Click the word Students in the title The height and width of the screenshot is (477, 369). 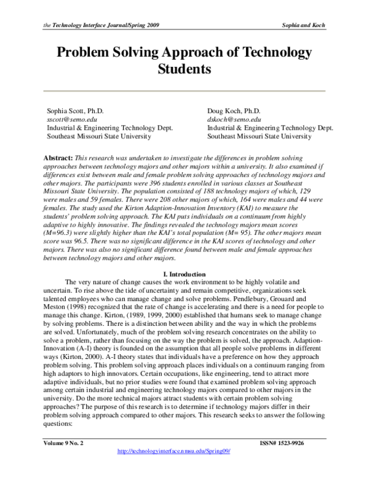pos(184,71)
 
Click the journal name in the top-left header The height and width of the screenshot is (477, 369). pos(101,25)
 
